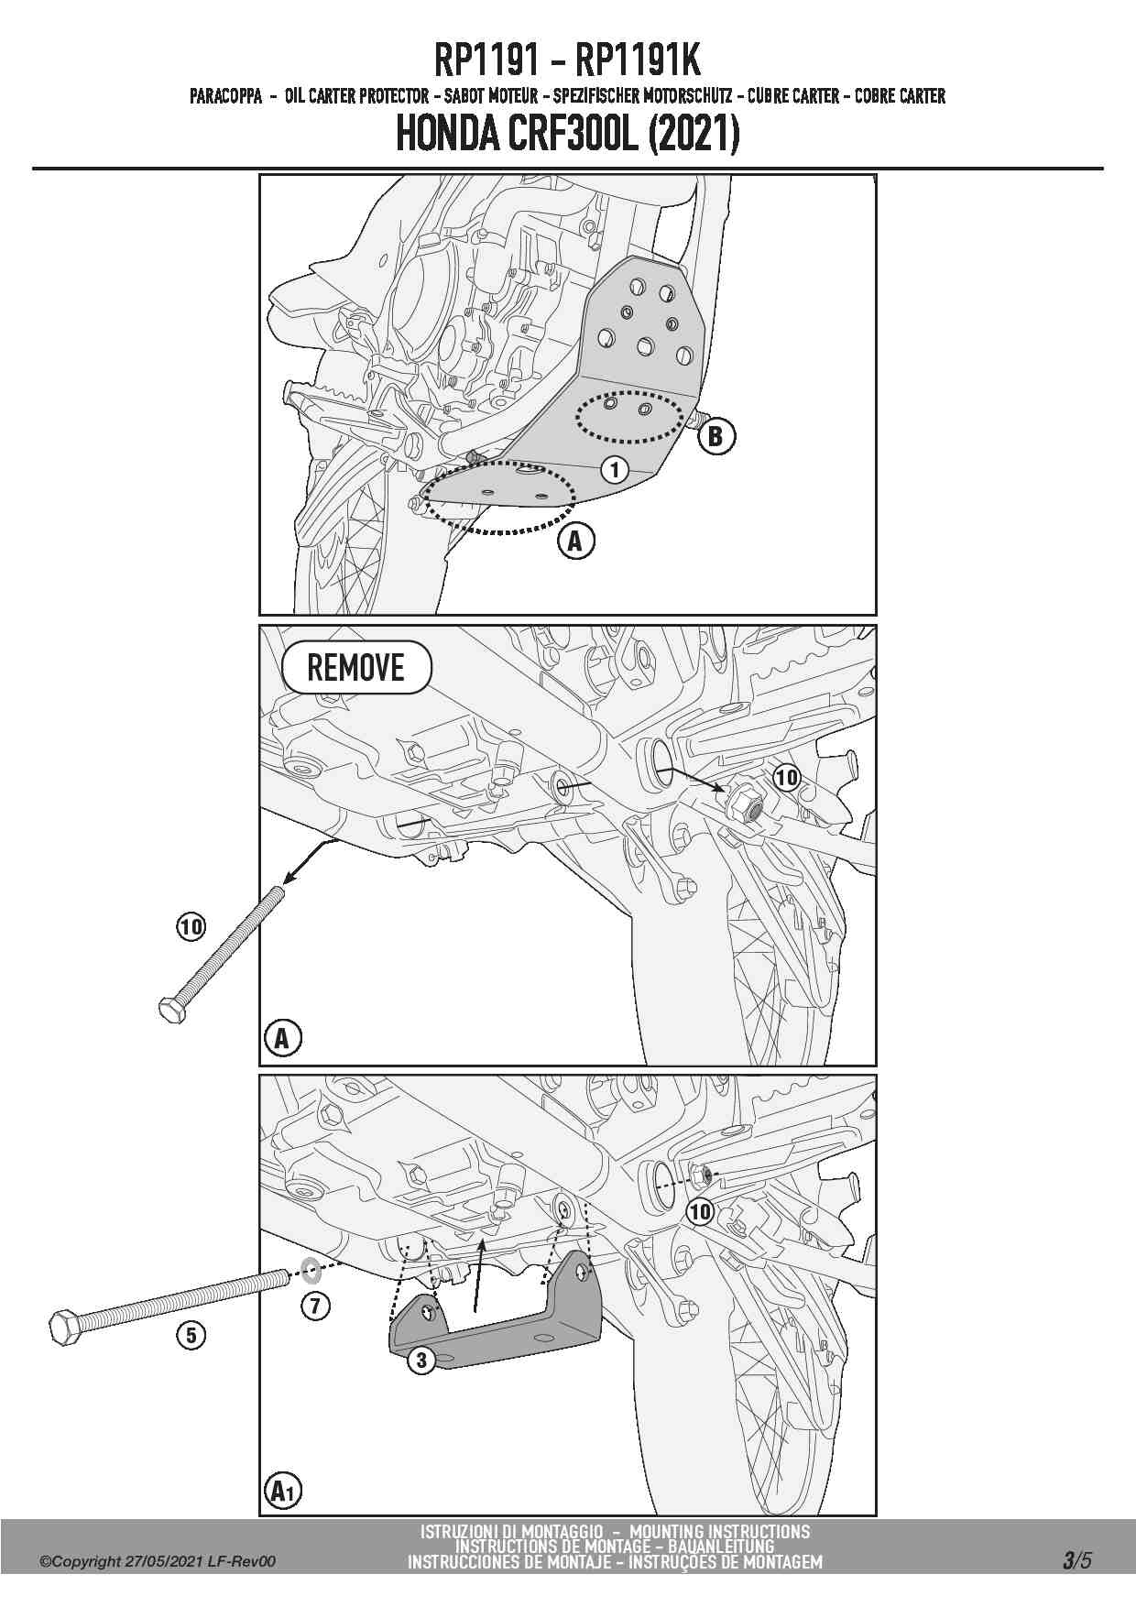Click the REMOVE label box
click(356, 667)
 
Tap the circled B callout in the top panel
click(715, 436)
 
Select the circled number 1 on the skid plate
click(615, 470)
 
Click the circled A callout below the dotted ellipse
click(575, 541)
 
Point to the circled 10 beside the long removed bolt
click(191, 927)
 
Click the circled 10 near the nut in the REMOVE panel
click(787, 778)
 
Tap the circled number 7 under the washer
click(315, 1305)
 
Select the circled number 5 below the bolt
click(191, 1335)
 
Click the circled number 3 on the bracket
click(421, 1360)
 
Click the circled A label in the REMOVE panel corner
click(282, 1039)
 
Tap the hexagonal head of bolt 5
click(64, 1325)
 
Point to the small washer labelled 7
click(311, 1271)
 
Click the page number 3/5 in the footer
click(1077, 1560)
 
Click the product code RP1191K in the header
click(638, 60)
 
